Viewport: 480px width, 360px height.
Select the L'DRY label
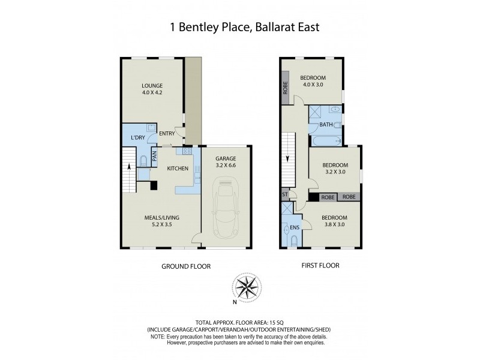point(138,138)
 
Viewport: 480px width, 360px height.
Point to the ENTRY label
point(167,134)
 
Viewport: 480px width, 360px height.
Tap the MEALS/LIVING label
point(161,217)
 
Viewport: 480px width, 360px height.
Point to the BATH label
point(326,125)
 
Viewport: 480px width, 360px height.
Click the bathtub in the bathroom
point(325,142)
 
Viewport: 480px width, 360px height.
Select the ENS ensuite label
point(294,229)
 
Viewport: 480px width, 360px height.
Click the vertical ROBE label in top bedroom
point(285,90)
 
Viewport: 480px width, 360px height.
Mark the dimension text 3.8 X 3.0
point(334,225)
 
